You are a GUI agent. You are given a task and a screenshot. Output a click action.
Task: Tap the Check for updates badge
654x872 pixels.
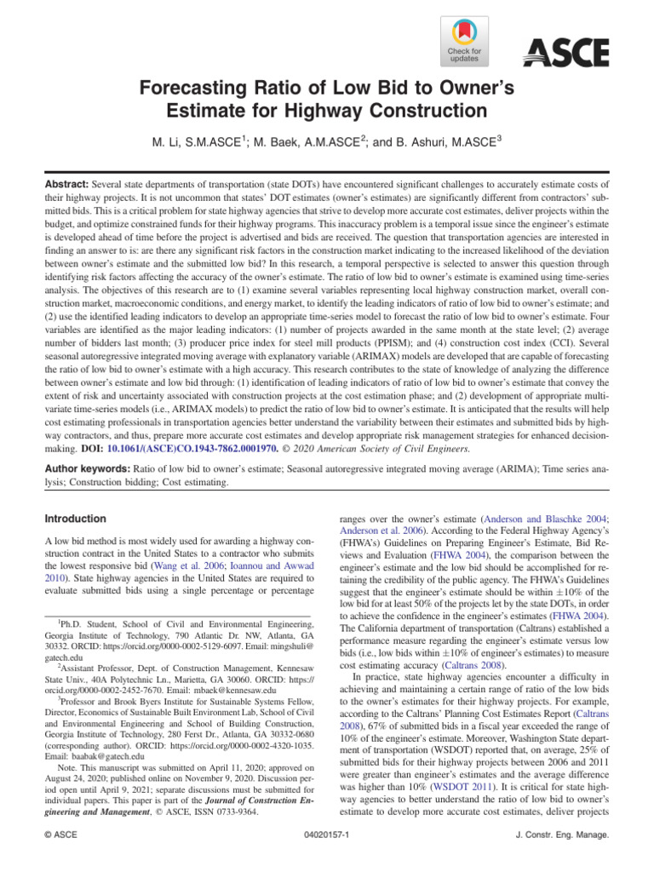[x=463, y=42]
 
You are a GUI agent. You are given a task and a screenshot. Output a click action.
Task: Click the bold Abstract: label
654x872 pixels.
[x=68, y=184]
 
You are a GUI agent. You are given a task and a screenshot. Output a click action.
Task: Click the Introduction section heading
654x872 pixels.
[x=77, y=519]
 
